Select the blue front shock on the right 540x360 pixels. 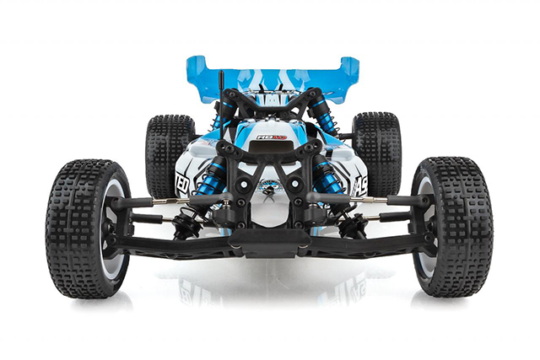click(327, 178)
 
